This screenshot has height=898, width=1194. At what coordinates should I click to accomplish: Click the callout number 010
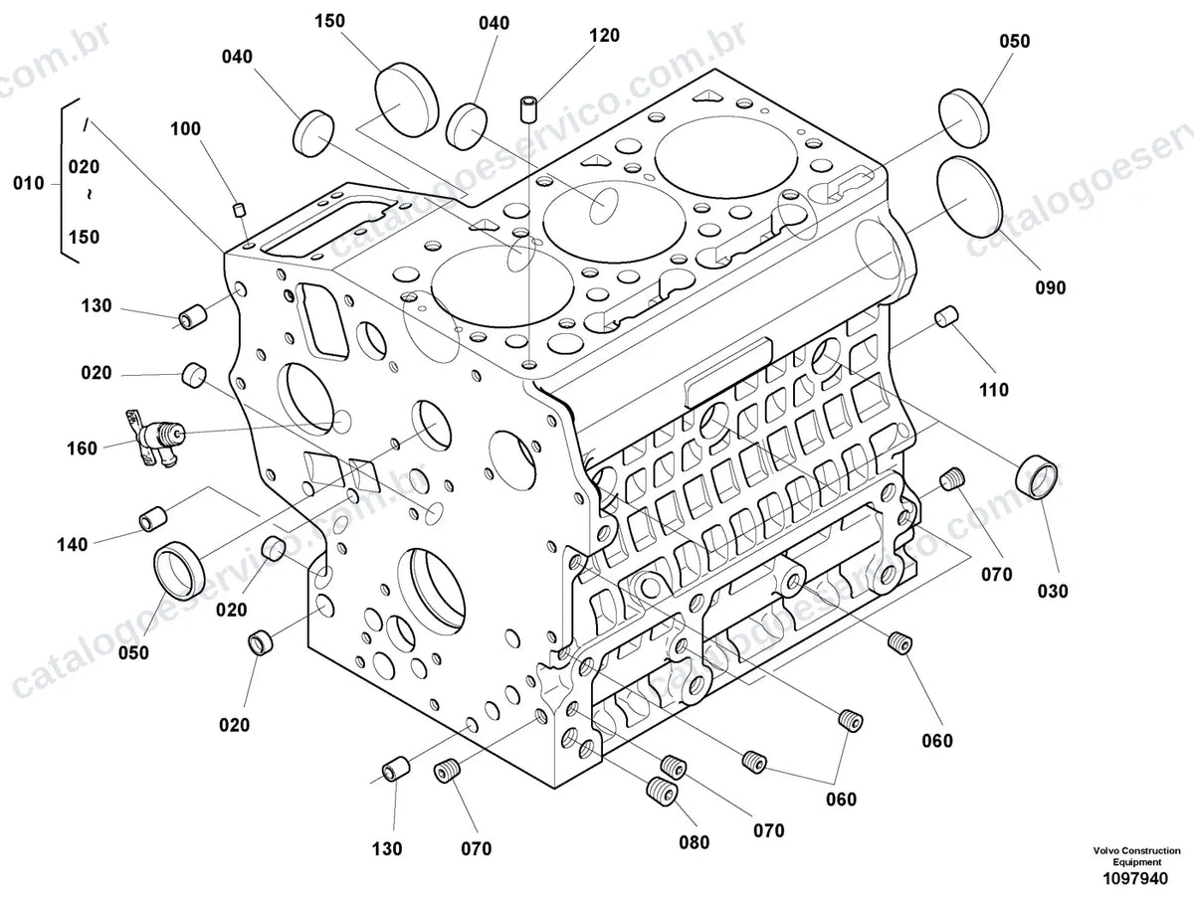(28, 183)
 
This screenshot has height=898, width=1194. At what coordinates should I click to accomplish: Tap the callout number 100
(185, 129)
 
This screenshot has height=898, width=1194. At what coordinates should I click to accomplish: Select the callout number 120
(604, 36)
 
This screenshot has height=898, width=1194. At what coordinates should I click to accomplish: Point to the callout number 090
(1050, 287)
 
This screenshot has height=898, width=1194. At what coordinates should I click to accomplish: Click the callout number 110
(994, 390)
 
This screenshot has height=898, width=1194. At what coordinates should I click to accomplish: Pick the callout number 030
(1053, 591)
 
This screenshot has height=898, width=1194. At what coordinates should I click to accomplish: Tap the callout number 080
(695, 842)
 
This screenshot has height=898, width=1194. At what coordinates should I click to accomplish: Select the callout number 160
(82, 449)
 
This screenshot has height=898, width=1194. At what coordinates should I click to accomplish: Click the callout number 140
(73, 544)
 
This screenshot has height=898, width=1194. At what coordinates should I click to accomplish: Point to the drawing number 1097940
(1135, 878)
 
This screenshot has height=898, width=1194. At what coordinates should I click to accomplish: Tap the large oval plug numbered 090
(969, 197)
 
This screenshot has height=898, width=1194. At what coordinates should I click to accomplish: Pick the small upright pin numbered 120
(528, 109)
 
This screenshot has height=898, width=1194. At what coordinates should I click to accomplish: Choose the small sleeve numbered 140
(153, 519)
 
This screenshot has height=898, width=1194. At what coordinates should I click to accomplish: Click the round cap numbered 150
(406, 98)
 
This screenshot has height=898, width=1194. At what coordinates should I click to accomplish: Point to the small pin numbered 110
(946, 317)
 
